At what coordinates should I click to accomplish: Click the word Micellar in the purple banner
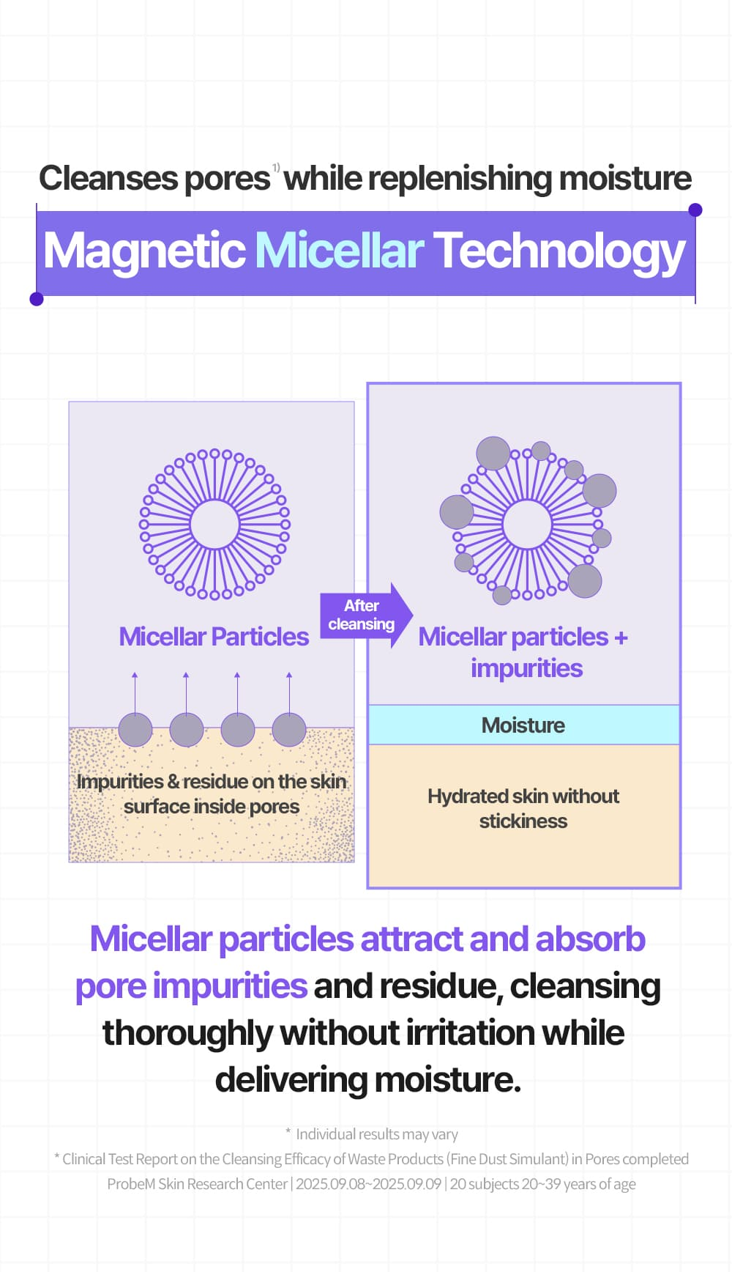click(339, 251)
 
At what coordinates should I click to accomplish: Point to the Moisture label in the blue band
click(523, 725)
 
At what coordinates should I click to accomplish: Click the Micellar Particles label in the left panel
click(214, 637)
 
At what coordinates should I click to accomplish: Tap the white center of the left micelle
click(214, 524)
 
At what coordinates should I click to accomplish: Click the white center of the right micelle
click(527, 524)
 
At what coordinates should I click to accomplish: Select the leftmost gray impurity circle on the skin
click(135, 730)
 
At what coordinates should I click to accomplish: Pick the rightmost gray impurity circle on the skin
click(289, 730)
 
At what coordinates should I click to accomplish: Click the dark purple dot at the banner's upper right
click(695, 210)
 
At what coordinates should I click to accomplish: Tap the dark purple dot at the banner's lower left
click(37, 298)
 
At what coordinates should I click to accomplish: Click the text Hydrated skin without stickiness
click(523, 809)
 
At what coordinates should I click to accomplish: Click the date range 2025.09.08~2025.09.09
click(368, 1184)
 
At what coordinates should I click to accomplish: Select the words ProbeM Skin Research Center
click(198, 1184)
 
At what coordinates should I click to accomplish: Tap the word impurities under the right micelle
click(527, 668)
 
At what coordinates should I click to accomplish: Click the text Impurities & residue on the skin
click(212, 782)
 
